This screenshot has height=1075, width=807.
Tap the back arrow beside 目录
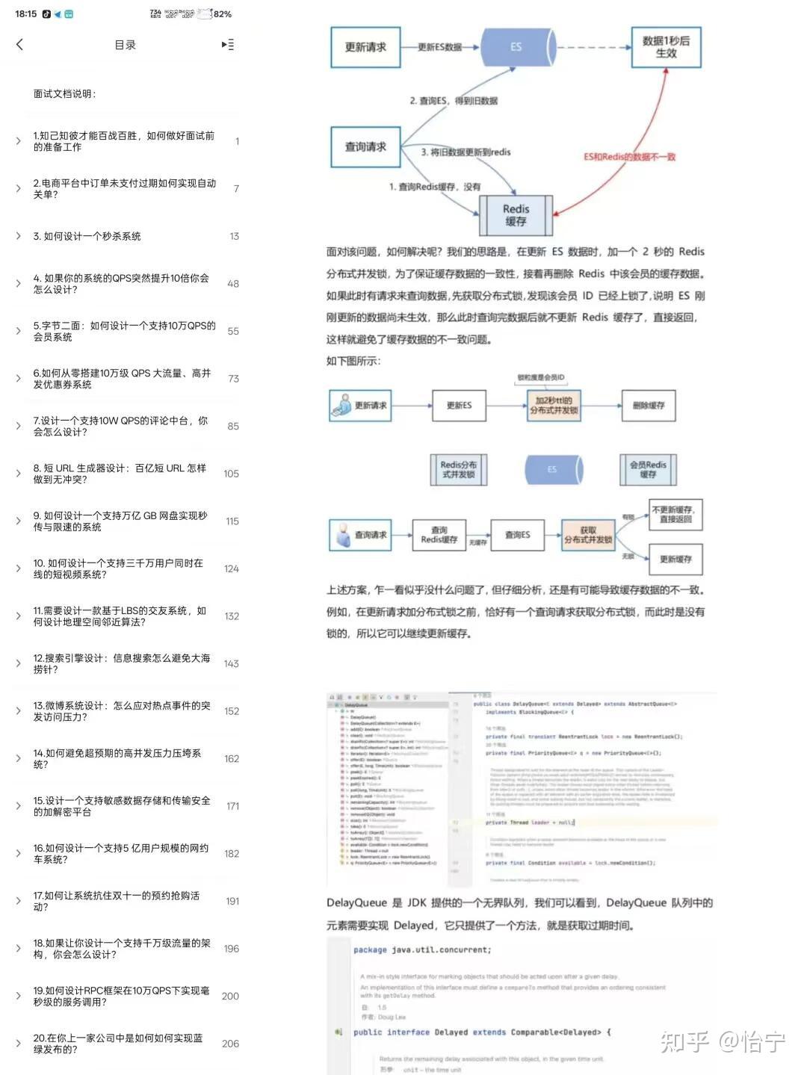click(x=20, y=45)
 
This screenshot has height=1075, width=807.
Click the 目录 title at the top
click(x=125, y=45)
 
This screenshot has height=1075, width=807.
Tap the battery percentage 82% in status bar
click(x=223, y=14)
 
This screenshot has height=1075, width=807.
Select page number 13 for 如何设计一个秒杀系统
click(x=234, y=236)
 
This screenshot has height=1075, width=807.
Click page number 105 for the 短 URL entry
click(x=231, y=474)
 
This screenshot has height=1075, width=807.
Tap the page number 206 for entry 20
click(x=230, y=1044)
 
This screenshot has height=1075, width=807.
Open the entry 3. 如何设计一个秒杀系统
click(x=87, y=236)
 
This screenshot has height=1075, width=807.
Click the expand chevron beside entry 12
click(x=19, y=663)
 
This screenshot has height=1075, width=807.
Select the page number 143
click(x=231, y=663)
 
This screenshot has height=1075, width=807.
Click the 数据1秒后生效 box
click(x=666, y=47)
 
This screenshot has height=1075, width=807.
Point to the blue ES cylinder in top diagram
click(x=516, y=47)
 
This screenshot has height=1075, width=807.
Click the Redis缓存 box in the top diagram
click(x=516, y=215)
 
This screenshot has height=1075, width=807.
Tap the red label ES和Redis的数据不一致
click(x=629, y=157)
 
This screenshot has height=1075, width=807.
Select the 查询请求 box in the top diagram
click(x=365, y=146)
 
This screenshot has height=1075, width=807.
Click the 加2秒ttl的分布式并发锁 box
click(x=554, y=406)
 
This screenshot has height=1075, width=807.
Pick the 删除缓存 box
click(x=648, y=406)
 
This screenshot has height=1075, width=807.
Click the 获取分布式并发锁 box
click(x=588, y=535)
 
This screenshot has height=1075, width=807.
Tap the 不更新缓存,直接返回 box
click(x=675, y=515)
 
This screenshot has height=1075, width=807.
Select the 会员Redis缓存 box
click(x=648, y=469)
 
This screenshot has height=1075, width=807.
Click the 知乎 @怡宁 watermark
click(x=722, y=1041)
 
